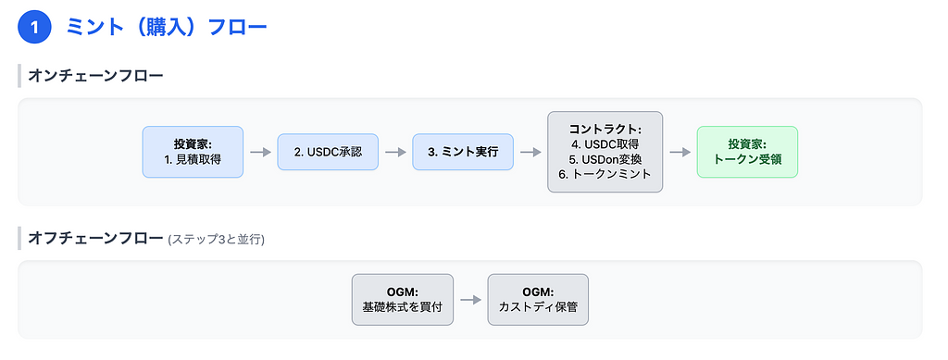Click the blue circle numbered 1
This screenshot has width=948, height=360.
pos(34,28)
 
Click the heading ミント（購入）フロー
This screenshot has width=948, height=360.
pos(167,28)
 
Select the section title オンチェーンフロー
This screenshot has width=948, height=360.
pos(95,76)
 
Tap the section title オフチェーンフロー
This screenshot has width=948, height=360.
pos(95,238)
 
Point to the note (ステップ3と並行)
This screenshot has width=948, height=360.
pos(217,239)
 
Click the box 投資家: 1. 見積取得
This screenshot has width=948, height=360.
pos(193,152)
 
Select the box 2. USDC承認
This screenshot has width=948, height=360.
pos(328,152)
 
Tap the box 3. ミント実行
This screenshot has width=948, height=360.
pos(463,152)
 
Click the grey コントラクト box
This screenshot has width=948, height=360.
pos(605,152)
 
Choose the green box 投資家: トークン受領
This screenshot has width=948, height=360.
pos(747,152)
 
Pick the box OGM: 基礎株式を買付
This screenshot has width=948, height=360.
pos(403,300)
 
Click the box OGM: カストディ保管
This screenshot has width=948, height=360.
pos(538,300)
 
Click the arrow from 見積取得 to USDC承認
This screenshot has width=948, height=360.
pos(260,152)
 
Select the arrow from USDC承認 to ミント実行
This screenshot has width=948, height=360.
pos(395,152)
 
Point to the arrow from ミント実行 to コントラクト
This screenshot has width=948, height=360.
pos(530,152)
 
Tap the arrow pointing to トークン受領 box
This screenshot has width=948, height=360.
pos(680,152)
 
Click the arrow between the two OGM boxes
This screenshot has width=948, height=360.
pos(470,300)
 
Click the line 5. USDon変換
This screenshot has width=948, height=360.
pos(605,159)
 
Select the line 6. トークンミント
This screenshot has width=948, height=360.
pos(605,174)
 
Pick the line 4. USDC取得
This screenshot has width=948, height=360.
pos(605,144)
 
